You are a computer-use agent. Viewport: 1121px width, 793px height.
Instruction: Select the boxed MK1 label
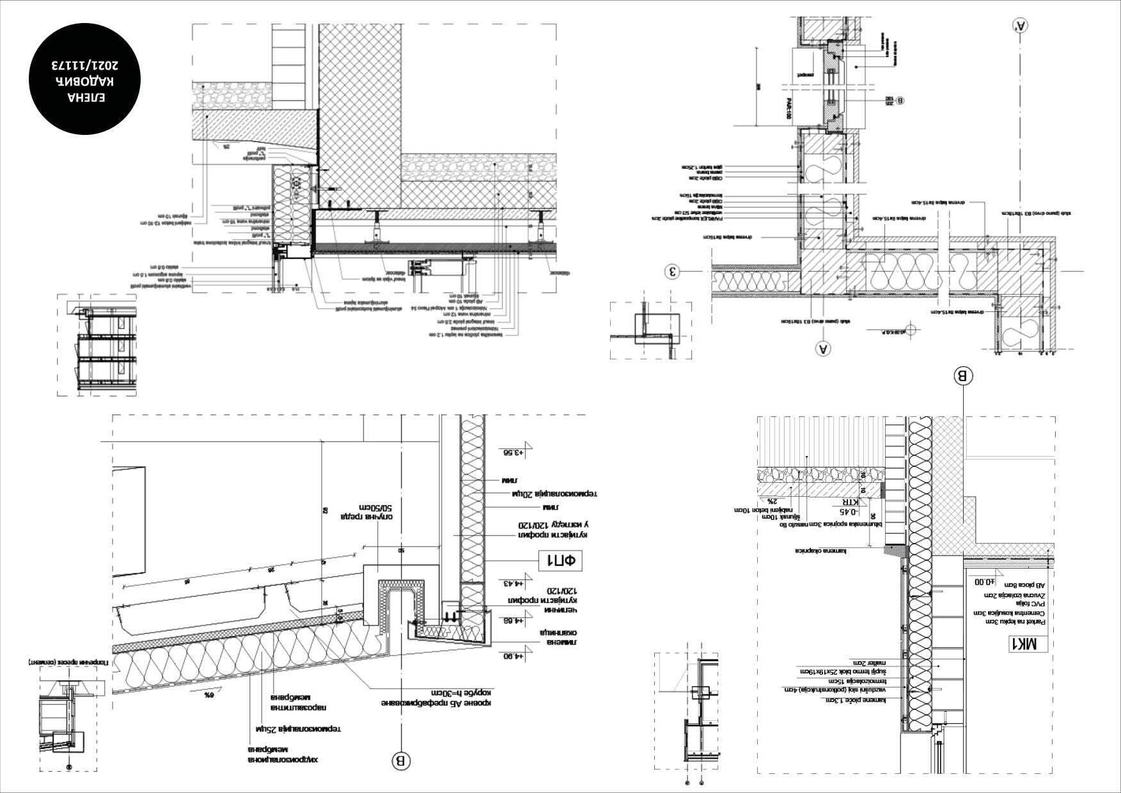coord(1028,644)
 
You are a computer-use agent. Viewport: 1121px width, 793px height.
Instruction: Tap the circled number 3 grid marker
coord(672,272)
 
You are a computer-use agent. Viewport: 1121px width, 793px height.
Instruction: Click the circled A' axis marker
coord(1021,25)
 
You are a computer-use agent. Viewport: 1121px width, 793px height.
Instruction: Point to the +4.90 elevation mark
coord(512,656)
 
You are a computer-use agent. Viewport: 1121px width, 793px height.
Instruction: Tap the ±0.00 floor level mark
coord(985,582)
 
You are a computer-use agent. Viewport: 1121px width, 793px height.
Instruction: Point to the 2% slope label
coord(772,501)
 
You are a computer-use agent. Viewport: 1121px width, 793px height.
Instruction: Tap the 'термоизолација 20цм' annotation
coord(554,494)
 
